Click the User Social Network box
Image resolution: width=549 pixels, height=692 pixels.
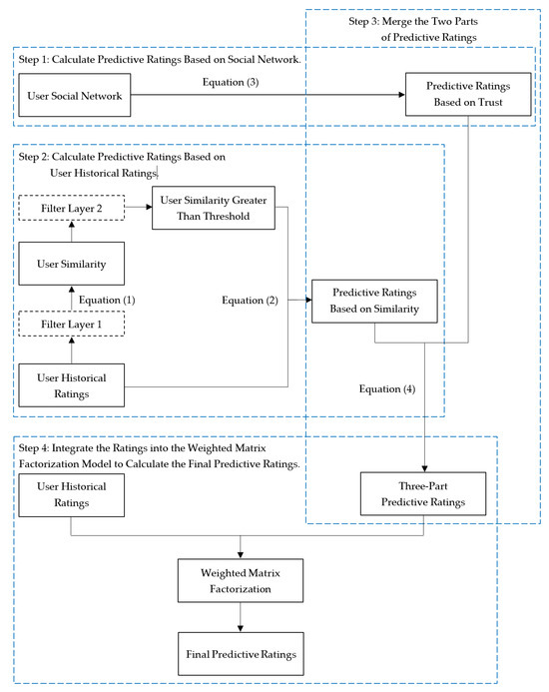point(70,96)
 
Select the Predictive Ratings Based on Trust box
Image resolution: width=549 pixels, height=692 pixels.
point(462,96)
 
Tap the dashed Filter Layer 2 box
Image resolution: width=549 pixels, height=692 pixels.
point(70,208)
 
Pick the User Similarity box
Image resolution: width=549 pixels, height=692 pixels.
point(70,266)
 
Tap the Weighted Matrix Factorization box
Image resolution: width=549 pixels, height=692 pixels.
point(240,581)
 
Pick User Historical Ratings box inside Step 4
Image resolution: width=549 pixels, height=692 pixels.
point(70,496)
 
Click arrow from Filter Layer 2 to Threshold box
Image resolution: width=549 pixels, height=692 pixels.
point(138,208)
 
